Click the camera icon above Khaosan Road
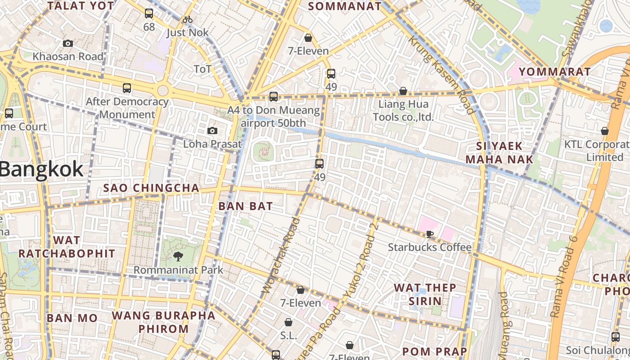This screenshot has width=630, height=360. coord(68,43)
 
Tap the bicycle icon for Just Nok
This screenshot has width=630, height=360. coord(188,19)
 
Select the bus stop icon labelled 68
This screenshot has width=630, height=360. coord(149,14)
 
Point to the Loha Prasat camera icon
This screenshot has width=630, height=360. coord(212,131)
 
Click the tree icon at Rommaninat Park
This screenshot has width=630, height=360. coord(178,256)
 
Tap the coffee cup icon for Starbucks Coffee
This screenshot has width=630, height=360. coord(430,234)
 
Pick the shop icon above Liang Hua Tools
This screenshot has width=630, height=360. coord(403,91)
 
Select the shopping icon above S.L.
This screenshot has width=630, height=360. coord(288,322)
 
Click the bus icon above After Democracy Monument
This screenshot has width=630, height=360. coord(127,88)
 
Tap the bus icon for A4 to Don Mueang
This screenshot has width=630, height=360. coord(274,97)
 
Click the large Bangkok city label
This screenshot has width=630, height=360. coord(41,170)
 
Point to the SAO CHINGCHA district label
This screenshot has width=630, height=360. coord(151,188)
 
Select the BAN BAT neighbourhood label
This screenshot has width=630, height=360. coord(246,206)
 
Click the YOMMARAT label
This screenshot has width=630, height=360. coord(554,72)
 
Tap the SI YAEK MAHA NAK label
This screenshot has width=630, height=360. coord(499,153)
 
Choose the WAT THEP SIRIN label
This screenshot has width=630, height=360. coord(425,294)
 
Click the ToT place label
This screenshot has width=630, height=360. coord(202,69)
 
